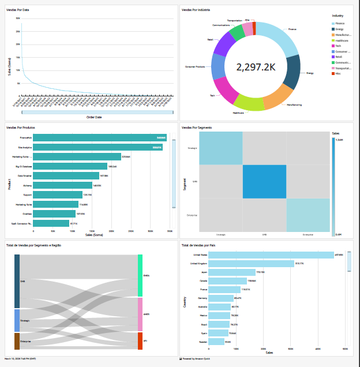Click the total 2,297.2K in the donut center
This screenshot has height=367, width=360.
click(256, 67)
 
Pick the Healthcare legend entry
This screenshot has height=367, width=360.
click(342, 40)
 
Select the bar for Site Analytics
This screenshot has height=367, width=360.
click(97, 147)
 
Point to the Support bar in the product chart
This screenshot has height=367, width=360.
click(58, 194)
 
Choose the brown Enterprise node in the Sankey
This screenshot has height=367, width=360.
click(17, 341)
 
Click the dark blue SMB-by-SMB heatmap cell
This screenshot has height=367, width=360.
click(264, 181)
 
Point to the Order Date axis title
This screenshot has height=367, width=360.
click(94, 117)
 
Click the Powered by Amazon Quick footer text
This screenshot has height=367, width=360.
click(198, 358)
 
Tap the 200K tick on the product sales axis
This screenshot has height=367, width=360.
click(111, 231)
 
